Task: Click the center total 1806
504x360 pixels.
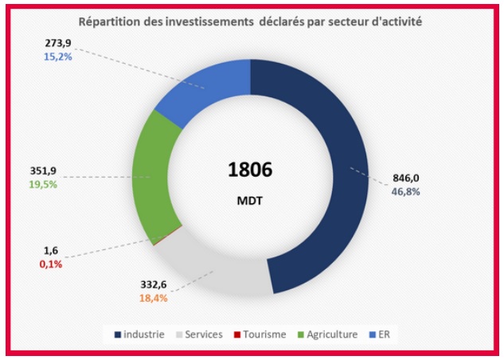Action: click(x=250, y=169)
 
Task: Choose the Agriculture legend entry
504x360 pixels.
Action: click(x=329, y=335)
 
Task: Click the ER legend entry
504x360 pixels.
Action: click(x=383, y=335)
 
